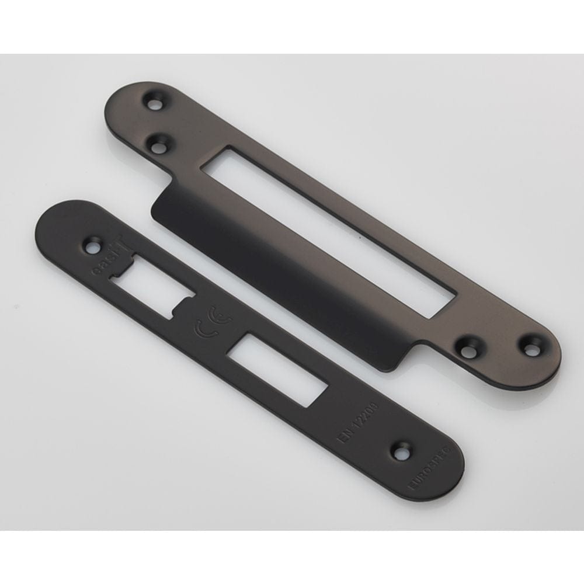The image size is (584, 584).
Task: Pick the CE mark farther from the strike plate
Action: pos(201,332)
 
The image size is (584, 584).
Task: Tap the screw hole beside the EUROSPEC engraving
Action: pos(402,451)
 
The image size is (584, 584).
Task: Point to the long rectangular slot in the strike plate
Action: pos(327,231)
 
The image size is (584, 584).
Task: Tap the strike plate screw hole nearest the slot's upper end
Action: pos(157,143)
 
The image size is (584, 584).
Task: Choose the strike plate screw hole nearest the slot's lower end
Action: pos(467,349)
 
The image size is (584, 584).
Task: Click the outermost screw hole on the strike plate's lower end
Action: pos(530,349)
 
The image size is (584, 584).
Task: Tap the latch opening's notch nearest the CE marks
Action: pos(188,304)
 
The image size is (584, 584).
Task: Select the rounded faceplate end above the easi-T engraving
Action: pos(64,219)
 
